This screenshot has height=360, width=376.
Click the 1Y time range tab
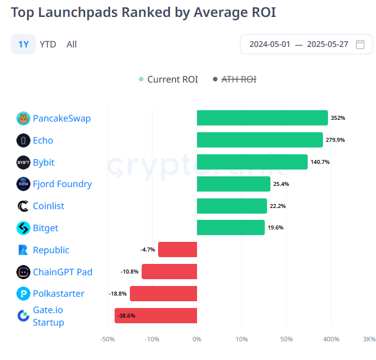[x=23, y=44]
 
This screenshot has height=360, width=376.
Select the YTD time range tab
[x=48, y=44]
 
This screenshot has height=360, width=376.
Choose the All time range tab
[x=72, y=44]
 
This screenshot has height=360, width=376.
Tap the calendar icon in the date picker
[x=360, y=44]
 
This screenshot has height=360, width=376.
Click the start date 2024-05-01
[x=270, y=44]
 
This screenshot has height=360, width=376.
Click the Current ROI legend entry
[x=169, y=79]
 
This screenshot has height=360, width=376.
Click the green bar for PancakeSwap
[x=262, y=118]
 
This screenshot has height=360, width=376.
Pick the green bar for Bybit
[x=252, y=162]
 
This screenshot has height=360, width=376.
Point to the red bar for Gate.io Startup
[x=156, y=315]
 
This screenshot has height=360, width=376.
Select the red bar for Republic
[x=177, y=250]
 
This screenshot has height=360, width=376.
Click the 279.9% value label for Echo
[x=335, y=140]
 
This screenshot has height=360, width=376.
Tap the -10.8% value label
[x=130, y=272]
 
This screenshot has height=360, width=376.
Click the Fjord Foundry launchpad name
[x=62, y=184]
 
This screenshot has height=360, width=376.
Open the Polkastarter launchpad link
[x=58, y=293]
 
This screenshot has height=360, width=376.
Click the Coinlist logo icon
[x=24, y=206]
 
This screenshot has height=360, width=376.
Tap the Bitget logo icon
[x=24, y=228]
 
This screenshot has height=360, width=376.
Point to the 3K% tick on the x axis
[x=369, y=339]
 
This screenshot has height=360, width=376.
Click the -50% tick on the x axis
[x=107, y=339]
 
